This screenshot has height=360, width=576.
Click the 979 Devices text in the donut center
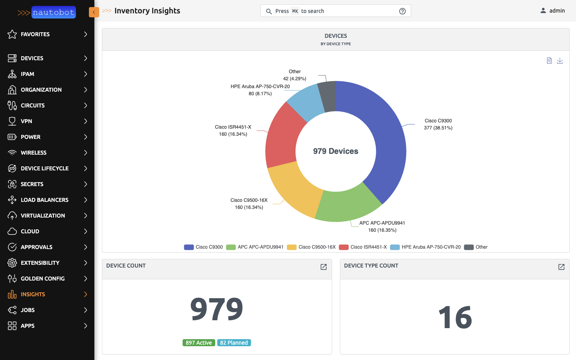click(x=336, y=151)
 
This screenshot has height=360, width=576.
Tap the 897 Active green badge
click(x=199, y=343)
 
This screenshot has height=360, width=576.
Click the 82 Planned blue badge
click(x=234, y=343)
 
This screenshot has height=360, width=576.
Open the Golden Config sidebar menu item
click(x=42, y=279)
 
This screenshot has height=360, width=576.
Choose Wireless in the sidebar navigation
click(x=33, y=153)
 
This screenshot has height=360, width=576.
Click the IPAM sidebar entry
click(x=28, y=74)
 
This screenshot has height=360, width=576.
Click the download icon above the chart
click(x=560, y=61)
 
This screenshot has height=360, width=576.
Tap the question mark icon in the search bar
click(x=402, y=11)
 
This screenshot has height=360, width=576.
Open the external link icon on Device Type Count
click(x=561, y=267)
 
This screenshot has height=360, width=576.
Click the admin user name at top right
click(x=557, y=11)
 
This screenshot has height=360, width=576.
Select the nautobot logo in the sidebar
click(x=53, y=12)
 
